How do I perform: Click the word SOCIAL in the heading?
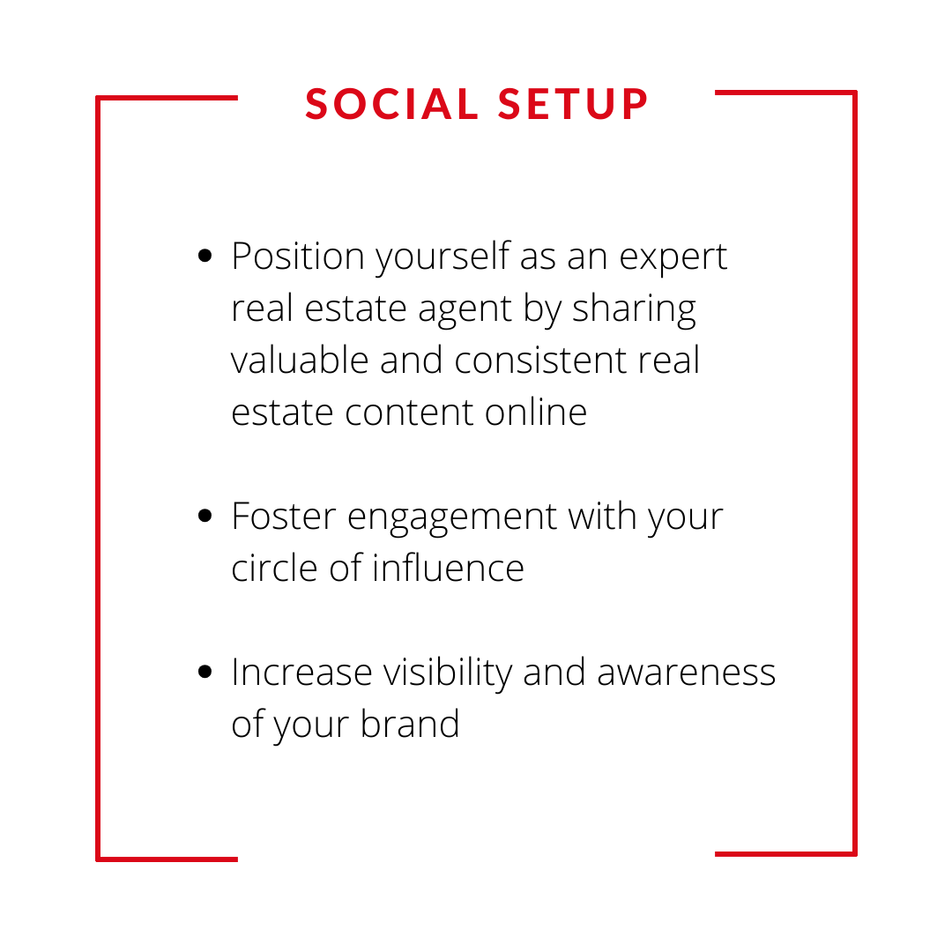pos(391,104)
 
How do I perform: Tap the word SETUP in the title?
pos(573,104)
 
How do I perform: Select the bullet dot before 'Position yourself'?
pos(205,256)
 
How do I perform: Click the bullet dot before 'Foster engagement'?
pos(205,516)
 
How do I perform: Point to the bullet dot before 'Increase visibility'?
pos(205,672)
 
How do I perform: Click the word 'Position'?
pos(298,257)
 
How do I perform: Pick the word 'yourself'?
pos(443,257)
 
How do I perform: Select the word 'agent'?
pos(465,310)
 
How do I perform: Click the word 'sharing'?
pos(634,309)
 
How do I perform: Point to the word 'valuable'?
pos(300,360)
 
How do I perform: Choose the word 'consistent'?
pos(540,360)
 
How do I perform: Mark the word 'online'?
pos(536,412)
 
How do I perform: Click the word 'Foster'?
pos(284,517)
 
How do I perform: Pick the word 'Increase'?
pos(301,673)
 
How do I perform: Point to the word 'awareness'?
pos(686,673)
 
